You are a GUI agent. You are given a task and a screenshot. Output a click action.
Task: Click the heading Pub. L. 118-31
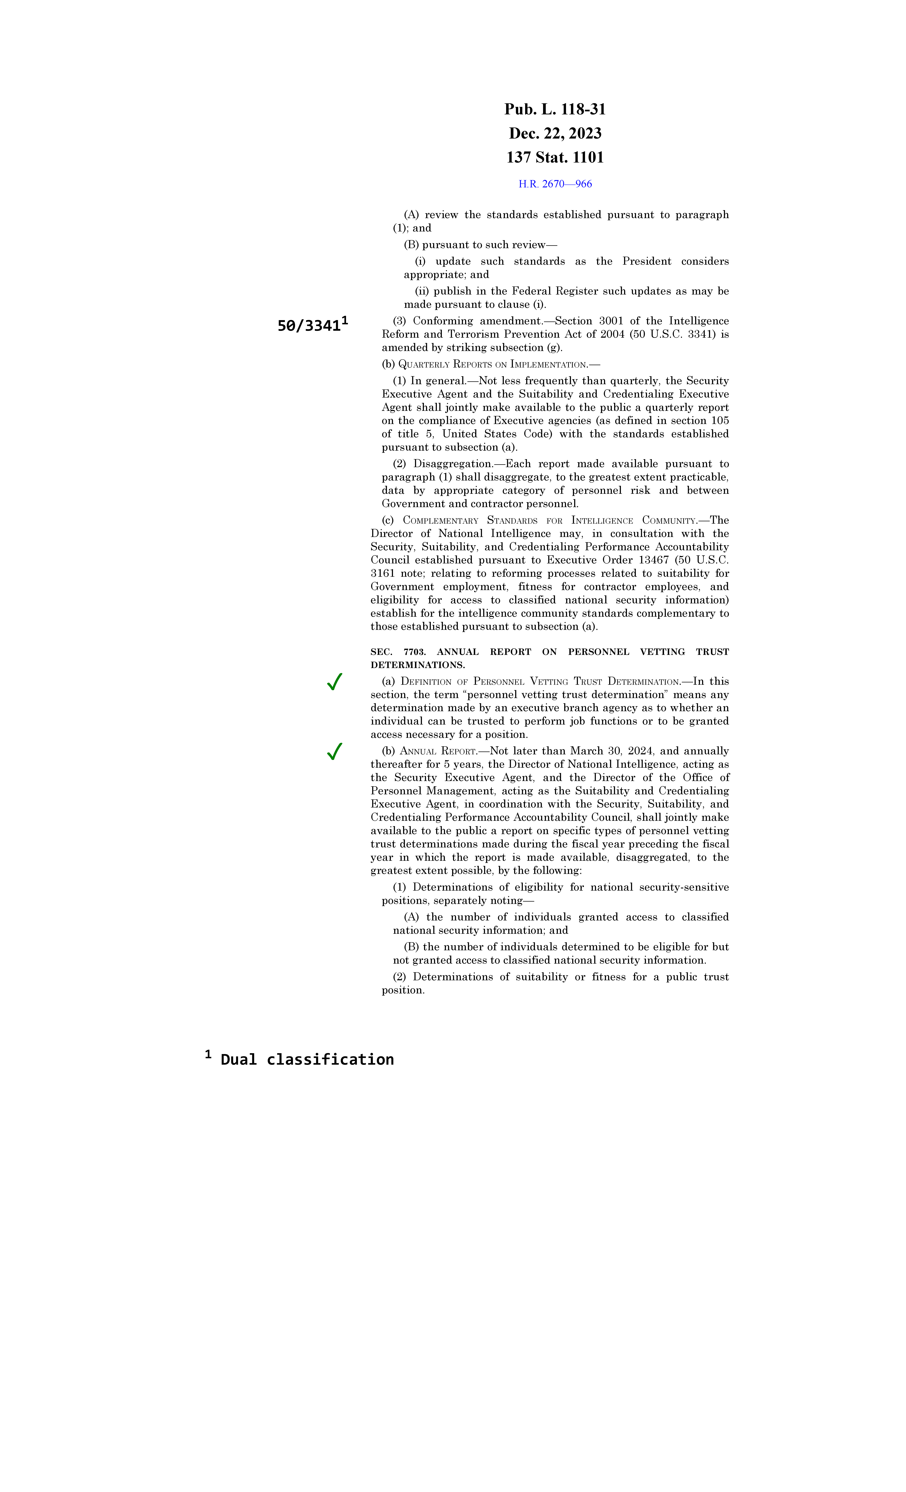[555, 110]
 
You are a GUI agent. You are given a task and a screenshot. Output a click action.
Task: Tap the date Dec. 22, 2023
[555, 133]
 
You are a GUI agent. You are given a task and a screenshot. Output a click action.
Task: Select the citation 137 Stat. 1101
[555, 157]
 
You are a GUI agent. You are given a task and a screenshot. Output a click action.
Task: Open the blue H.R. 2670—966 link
[555, 184]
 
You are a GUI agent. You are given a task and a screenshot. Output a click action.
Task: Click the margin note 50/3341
[309, 326]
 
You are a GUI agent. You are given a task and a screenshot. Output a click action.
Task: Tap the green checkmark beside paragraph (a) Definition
[334, 682]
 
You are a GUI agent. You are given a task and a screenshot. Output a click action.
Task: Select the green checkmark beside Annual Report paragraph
[334, 752]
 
